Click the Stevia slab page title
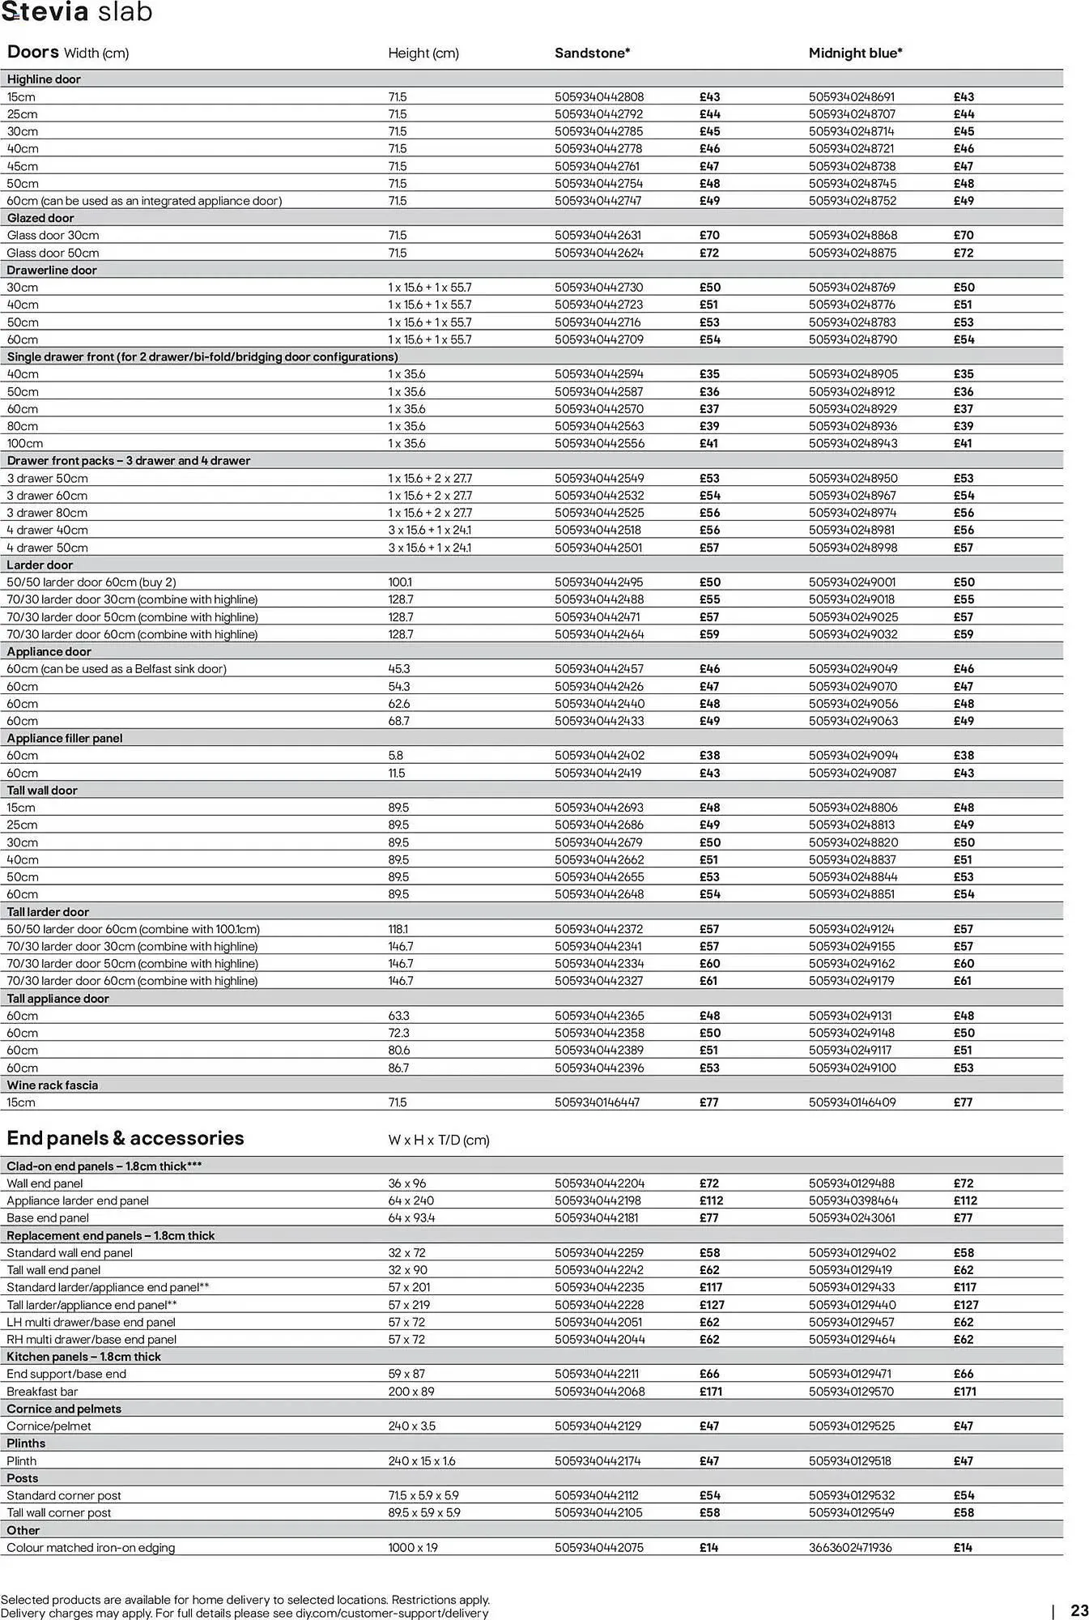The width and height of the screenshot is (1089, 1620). click(77, 13)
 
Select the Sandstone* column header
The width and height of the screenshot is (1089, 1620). click(592, 53)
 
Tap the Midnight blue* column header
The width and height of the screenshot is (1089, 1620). click(855, 53)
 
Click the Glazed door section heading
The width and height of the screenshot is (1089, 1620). click(40, 218)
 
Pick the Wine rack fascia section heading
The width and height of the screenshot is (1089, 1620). click(53, 1085)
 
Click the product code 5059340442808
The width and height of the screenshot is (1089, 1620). click(599, 97)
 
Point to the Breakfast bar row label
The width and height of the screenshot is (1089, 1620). click(42, 1392)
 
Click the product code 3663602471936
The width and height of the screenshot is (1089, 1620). click(850, 1548)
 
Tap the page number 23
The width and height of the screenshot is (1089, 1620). click(1079, 1611)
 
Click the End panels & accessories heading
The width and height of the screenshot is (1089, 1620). click(125, 1138)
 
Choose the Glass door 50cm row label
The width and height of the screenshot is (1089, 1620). click(53, 253)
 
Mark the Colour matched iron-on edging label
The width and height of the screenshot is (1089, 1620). click(91, 1548)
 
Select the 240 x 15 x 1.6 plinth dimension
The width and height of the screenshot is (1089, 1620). click(421, 1461)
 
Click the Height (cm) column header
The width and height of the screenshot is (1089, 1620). click(423, 53)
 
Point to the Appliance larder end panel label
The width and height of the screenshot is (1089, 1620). click(78, 1201)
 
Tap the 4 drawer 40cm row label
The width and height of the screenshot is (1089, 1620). click(47, 531)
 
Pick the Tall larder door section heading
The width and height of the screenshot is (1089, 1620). click(48, 912)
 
